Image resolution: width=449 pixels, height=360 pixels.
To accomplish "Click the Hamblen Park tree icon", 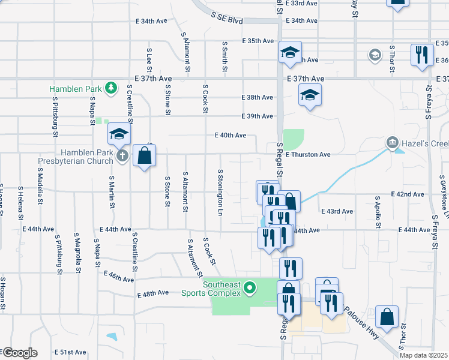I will [x=110, y=89].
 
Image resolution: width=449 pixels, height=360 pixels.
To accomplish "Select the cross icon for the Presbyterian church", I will [x=122, y=157].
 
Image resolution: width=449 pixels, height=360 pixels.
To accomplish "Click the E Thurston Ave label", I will [x=308, y=154].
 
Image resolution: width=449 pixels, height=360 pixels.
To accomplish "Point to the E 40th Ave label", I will [x=231, y=136].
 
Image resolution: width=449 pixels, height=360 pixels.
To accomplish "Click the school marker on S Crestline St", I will [x=119, y=134].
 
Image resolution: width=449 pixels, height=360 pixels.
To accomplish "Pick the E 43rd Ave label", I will [x=337, y=212].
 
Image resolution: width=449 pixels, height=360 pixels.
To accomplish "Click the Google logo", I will [x=19, y=353].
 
